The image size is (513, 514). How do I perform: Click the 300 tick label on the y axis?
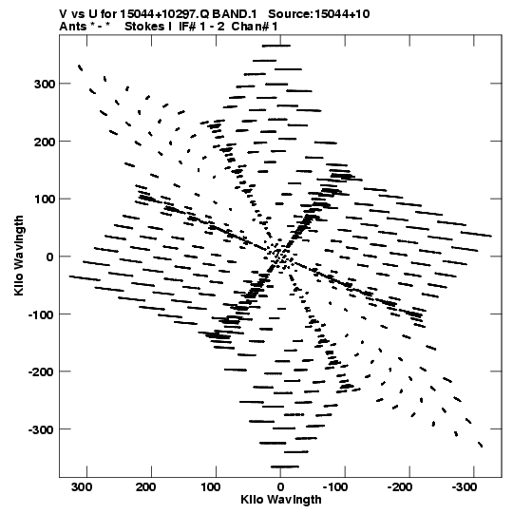pyautogui.click(x=45, y=84)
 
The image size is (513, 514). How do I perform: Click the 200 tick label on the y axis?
pyautogui.click(x=45, y=142)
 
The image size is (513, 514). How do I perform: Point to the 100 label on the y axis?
pyautogui.click(x=45, y=200)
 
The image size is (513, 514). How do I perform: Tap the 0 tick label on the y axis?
pyautogui.click(x=49, y=257)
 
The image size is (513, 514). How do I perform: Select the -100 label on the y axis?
pyautogui.click(x=42, y=314)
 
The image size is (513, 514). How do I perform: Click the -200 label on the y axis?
pyautogui.click(x=42, y=372)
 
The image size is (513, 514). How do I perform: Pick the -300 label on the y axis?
pyautogui.click(x=42, y=429)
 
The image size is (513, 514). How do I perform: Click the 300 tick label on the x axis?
pyautogui.click(x=82, y=486)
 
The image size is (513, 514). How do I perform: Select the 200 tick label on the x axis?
pyautogui.click(x=146, y=486)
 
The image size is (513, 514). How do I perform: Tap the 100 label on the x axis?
pyautogui.click(x=211, y=486)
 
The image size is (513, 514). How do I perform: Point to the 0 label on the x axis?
pyautogui.click(x=280, y=486)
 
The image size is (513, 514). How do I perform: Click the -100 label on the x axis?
pyautogui.click(x=335, y=486)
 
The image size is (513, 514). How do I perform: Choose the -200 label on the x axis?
pyautogui.click(x=400, y=486)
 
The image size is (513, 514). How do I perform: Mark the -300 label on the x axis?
pyautogui.click(x=465, y=486)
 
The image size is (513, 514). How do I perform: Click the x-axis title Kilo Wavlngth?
pyautogui.click(x=281, y=500)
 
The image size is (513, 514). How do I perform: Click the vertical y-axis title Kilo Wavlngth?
pyautogui.click(x=19, y=256)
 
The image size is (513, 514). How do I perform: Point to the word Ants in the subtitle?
pyautogui.click(x=73, y=27)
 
